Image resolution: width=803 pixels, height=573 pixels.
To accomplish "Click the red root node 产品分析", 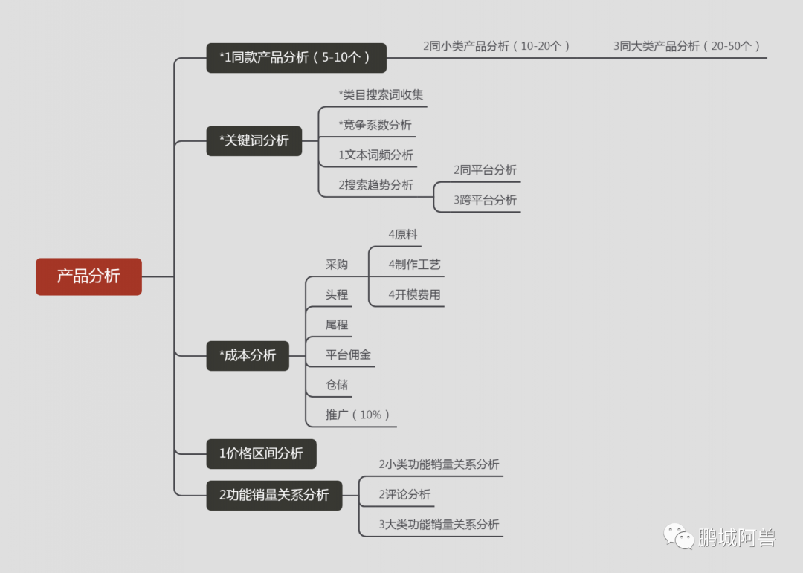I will point(88,276).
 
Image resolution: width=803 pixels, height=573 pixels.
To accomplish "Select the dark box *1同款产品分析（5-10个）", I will point(296,58).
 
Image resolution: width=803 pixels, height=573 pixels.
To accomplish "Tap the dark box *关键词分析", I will point(254,140).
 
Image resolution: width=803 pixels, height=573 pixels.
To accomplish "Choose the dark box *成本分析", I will point(248,355).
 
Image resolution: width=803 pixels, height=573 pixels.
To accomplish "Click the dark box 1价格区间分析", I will point(261,453).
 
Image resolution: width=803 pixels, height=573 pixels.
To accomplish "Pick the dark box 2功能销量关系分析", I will point(274,495).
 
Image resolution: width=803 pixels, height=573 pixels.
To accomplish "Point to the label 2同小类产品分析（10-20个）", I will point(497,46).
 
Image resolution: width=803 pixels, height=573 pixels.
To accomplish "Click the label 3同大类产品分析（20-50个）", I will point(687,46).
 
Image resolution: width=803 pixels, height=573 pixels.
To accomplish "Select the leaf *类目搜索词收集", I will point(381,95).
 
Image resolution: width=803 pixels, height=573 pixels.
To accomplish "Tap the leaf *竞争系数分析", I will point(375,125).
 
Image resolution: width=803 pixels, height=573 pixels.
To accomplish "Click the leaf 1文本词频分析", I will point(375,155).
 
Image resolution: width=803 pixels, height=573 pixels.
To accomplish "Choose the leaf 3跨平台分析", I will point(485,200).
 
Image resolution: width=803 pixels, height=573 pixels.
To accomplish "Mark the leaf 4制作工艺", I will point(414,265).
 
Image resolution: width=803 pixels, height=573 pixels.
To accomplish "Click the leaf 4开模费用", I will point(414,294).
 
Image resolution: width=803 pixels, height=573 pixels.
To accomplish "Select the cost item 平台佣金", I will point(348,355).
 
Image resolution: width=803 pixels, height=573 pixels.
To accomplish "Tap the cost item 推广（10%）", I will point(358,415).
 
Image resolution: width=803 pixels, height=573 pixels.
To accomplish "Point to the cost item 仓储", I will point(336,385).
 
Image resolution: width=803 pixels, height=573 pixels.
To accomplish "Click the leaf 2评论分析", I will point(404,494).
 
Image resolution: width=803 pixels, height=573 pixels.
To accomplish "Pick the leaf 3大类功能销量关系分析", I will point(439,524).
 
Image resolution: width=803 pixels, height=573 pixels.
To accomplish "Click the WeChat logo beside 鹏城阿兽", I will point(679,536).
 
